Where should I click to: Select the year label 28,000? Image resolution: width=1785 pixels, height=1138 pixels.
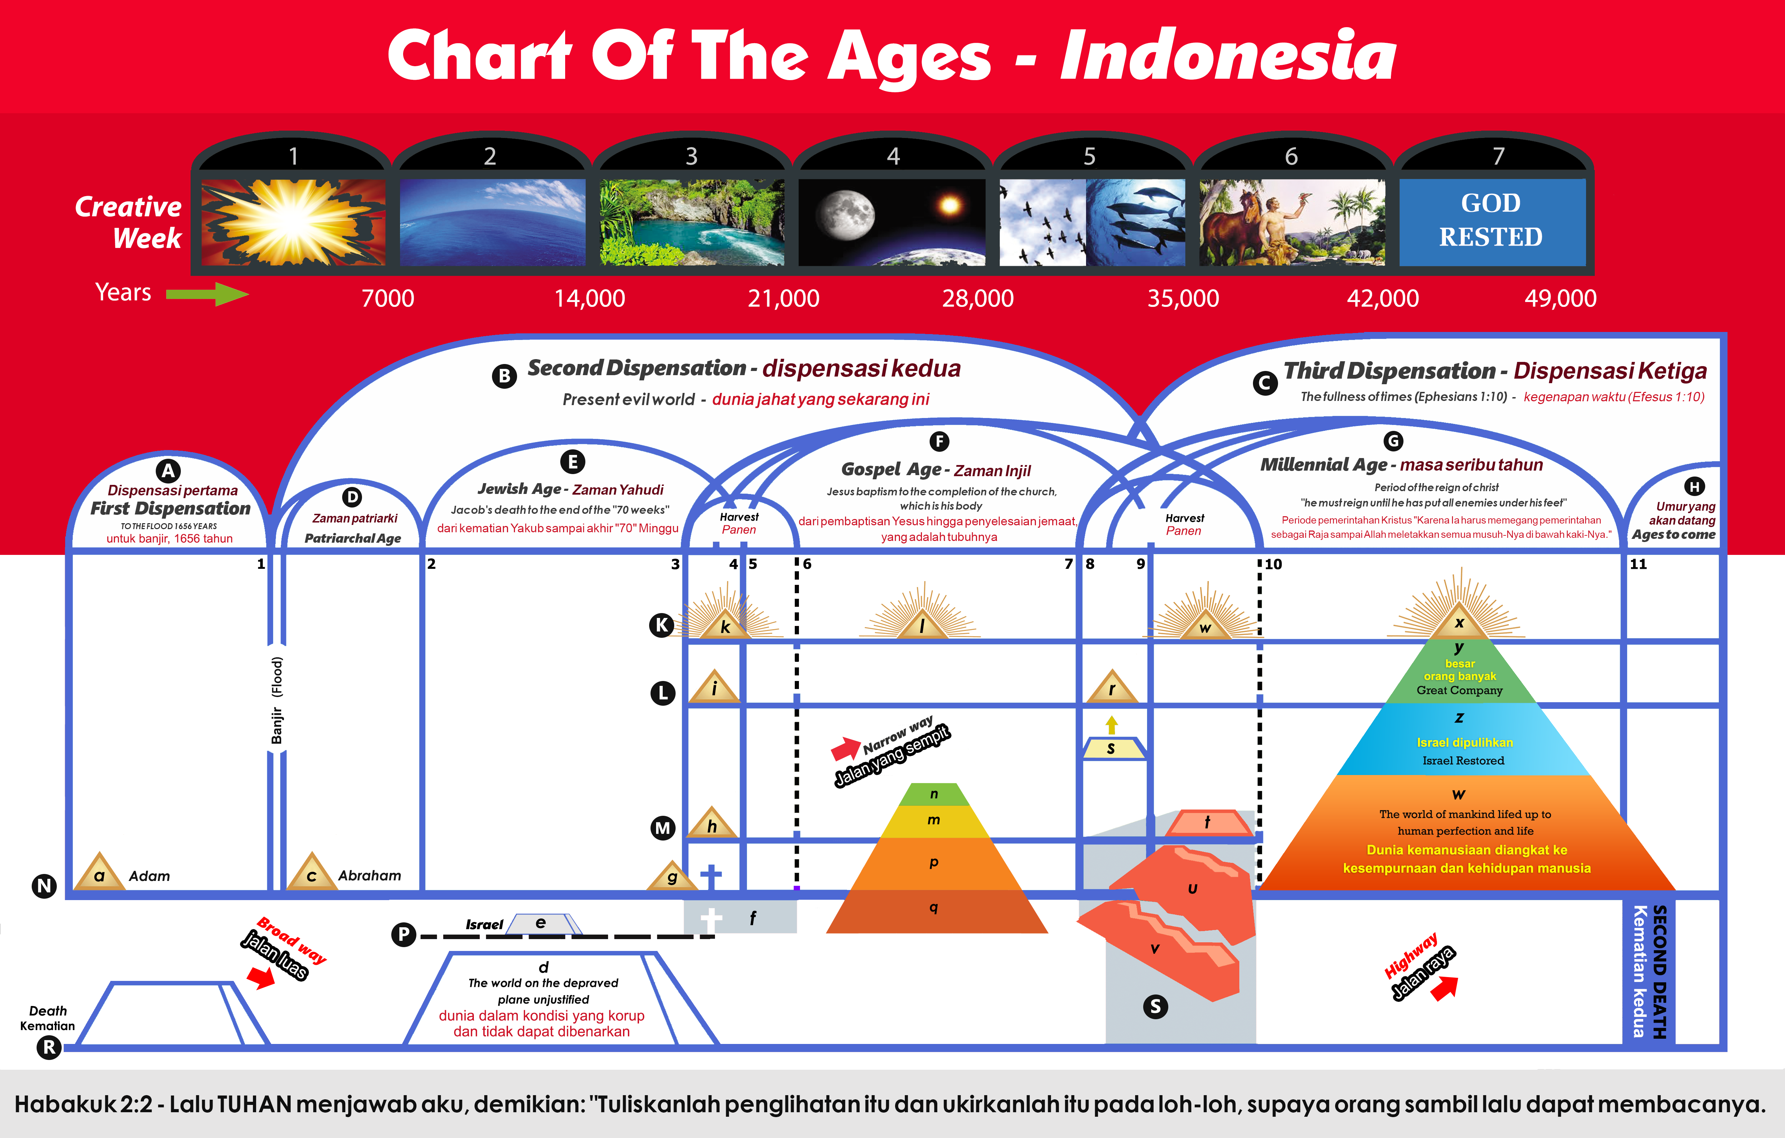point(978,298)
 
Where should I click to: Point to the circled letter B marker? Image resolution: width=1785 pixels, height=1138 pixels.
point(505,376)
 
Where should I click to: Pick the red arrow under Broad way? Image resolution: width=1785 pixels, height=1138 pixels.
point(261,977)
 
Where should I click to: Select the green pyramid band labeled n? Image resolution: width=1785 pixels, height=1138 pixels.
point(934,794)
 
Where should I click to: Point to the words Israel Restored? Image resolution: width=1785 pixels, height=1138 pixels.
point(1463,761)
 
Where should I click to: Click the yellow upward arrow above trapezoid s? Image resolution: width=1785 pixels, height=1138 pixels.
point(1111,725)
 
